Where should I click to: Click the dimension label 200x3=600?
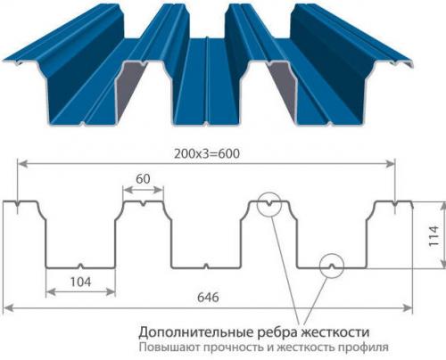pos(207,153)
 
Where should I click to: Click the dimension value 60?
pos(143,179)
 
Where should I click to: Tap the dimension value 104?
pos(80,282)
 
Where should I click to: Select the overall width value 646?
pos(208,297)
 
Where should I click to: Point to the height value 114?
pos(434,235)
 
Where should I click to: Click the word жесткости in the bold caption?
pos(335,331)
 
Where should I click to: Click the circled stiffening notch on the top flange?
pos(269,204)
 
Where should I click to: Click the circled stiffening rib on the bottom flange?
pos(332,266)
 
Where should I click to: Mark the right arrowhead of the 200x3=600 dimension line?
pos(390,163)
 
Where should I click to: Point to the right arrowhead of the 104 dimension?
pos(111,292)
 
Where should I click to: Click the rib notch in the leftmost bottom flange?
pos(80,266)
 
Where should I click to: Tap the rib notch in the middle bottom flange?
pos(205,266)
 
